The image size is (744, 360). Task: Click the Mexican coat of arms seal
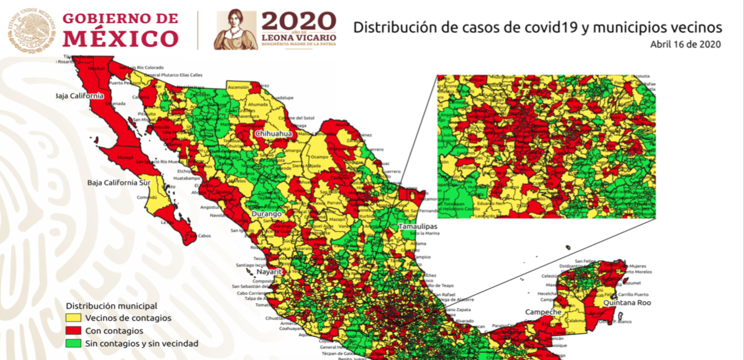tap(30, 29)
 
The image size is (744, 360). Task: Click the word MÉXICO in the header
tap(121, 39)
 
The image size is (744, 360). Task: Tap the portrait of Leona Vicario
tap(236, 30)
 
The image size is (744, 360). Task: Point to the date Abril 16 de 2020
tap(685, 45)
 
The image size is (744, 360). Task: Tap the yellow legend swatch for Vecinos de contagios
tap(73, 318)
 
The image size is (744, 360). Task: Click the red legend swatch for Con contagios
tap(73, 331)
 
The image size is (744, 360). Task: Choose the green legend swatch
tap(73, 344)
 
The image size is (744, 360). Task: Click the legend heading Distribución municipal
tap(112, 305)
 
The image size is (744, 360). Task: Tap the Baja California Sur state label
tap(118, 182)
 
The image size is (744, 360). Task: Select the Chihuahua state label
tap(274, 133)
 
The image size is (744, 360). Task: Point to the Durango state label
tap(266, 214)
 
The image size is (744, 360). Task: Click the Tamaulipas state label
tap(418, 226)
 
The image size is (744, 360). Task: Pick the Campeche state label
tap(544, 312)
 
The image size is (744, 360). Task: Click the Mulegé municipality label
tap(126, 157)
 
